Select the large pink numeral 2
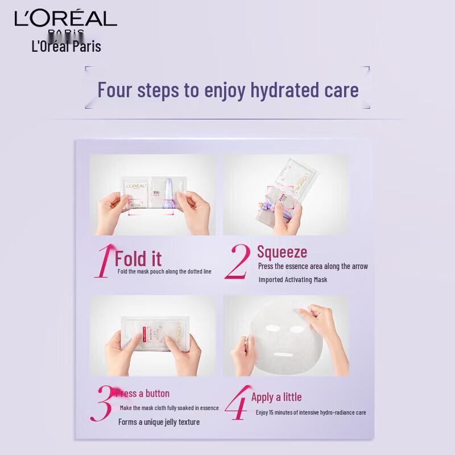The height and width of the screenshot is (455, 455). pos(237,262)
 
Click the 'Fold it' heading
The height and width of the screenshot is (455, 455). pos(138,259)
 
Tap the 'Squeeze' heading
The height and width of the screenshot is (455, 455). pos(282,252)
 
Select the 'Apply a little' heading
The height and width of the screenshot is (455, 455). pos(276,397)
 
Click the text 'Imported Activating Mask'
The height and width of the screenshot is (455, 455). pos(292,280)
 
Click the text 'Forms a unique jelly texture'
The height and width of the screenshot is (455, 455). pos(159,422)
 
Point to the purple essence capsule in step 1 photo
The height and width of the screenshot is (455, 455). pos(169,193)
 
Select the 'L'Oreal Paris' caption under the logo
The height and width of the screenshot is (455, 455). pos(67,46)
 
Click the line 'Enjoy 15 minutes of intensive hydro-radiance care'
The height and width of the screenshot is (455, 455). pos(311,412)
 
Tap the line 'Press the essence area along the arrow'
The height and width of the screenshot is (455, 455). pos(313,266)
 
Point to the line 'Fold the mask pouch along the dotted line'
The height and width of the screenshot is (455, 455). pos(164,271)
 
